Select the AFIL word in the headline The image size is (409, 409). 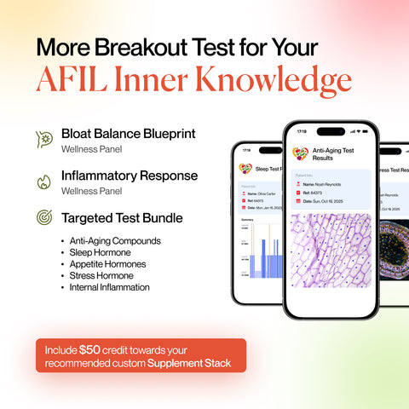[71, 79]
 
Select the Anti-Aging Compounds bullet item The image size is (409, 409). [115, 241]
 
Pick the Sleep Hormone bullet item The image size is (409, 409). [101, 253]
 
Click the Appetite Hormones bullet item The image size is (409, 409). [108, 264]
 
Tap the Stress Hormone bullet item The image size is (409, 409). [101, 276]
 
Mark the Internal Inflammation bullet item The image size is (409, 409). [110, 287]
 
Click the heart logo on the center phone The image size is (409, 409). [301, 153]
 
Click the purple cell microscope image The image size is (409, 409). [331, 256]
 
